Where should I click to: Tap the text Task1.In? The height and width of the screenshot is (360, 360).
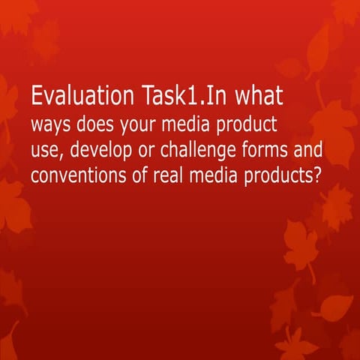click(x=175, y=97)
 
